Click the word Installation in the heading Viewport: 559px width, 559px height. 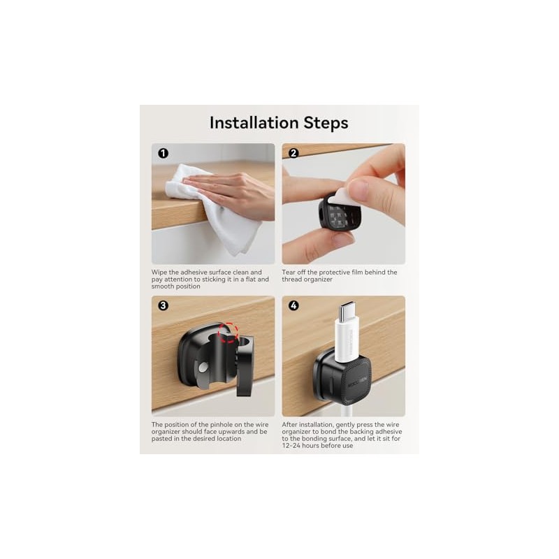tap(254, 123)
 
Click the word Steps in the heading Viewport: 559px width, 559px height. tap(326, 123)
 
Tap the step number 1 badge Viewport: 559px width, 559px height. tap(163, 153)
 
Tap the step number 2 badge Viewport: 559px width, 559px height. tap(293, 153)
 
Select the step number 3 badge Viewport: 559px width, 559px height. tap(163, 305)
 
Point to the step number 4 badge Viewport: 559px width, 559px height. tap(293, 305)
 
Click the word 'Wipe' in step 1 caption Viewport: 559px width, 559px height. tap(159, 273)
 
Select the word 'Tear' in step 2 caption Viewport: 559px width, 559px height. tap(288, 273)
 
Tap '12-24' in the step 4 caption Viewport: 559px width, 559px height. tap(291, 446)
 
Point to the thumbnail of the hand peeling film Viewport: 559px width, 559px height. tap(344, 203)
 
